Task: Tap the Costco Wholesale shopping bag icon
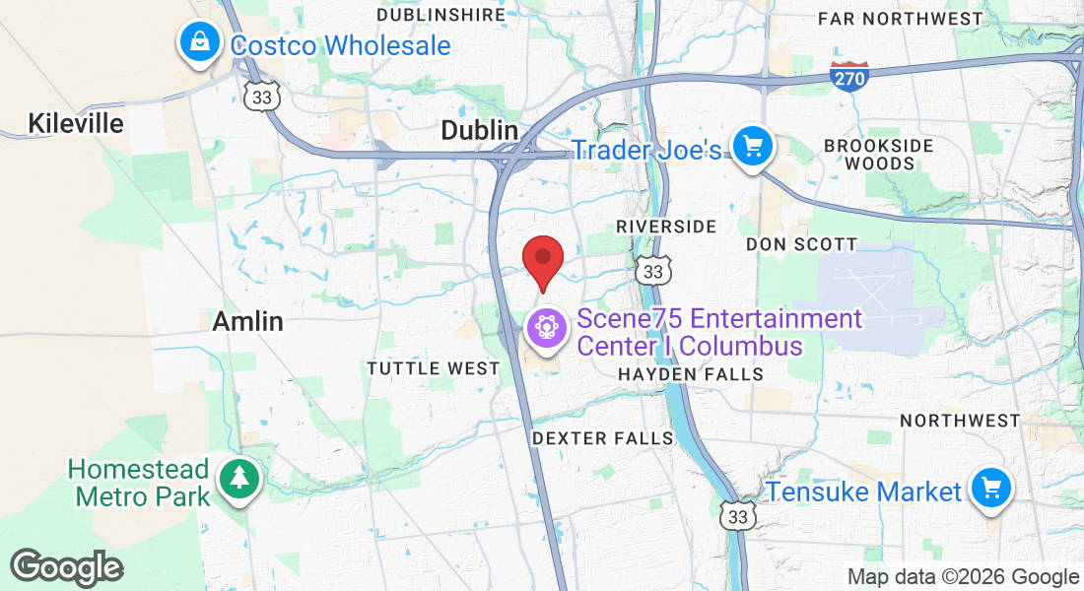click(200, 42)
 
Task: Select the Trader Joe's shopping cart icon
click(754, 148)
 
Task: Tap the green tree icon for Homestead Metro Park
click(238, 480)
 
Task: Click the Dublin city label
click(479, 130)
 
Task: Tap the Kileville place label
click(76, 123)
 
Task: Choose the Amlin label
click(247, 321)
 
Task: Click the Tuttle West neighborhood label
click(434, 368)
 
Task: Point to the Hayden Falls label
click(690, 374)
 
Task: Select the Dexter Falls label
click(602, 438)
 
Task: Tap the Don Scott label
click(801, 243)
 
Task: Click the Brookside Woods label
click(878, 155)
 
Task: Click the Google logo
click(67, 568)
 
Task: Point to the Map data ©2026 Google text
click(963, 577)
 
